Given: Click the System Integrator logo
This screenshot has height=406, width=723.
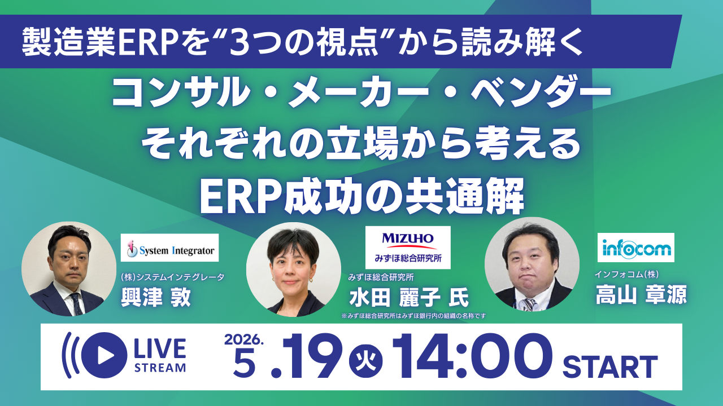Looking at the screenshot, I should [x=169, y=248].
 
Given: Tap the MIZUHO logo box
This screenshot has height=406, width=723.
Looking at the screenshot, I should [x=408, y=247].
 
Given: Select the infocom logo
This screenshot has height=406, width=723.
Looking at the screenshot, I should [x=635, y=248].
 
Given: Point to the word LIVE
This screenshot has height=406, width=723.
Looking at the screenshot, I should [x=160, y=349].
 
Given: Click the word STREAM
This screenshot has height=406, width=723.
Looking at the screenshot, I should [x=160, y=368].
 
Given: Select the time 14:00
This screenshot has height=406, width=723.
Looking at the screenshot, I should [x=473, y=356].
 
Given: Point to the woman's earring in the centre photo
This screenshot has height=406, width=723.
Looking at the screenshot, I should [x=275, y=279].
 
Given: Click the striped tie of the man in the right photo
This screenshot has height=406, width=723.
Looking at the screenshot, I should [x=529, y=304].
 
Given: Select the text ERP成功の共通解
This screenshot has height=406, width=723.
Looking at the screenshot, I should [x=362, y=197].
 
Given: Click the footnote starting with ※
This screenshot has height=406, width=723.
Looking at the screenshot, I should [x=411, y=316].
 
